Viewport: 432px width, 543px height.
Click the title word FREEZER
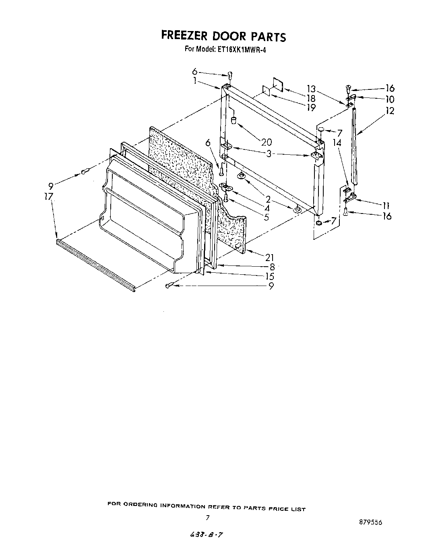[184, 36]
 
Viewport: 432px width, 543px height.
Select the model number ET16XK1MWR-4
[240, 50]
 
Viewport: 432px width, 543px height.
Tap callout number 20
[266, 142]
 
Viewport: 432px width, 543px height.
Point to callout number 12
[389, 111]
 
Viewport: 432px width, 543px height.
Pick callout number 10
[389, 99]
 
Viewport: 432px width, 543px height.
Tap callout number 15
[269, 276]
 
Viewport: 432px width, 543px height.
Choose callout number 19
[310, 108]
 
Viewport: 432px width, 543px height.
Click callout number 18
[310, 98]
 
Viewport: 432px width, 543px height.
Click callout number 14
[337, 143]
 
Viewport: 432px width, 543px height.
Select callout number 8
[272, 267]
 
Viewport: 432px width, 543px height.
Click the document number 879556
[370, 522]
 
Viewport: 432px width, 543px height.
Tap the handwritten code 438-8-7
[205, 534]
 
